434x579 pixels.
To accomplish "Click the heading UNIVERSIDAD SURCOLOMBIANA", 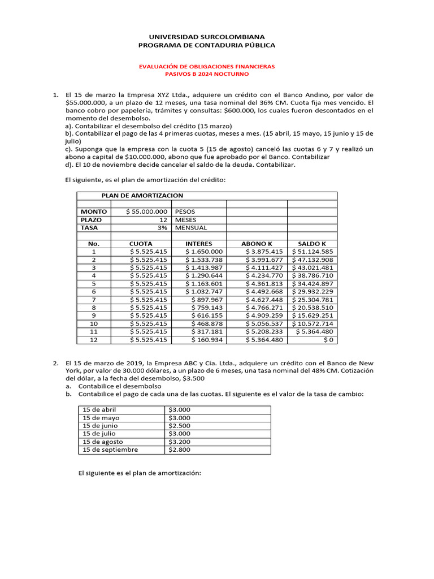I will pos(206,36).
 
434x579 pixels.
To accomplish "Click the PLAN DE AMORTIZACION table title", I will pos(142,195).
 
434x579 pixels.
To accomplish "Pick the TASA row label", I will pos(90,227).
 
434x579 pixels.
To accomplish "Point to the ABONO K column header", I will pos(257,244).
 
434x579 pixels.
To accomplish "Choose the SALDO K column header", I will pos(312,244).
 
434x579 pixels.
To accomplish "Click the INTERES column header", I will pos(199,244).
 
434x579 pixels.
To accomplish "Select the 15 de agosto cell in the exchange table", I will pos(103,442).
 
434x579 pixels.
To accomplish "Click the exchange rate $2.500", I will pos(179,426).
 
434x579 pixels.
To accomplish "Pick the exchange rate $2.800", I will pos(179,450).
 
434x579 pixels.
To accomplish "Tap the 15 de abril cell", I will pos(99,409).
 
